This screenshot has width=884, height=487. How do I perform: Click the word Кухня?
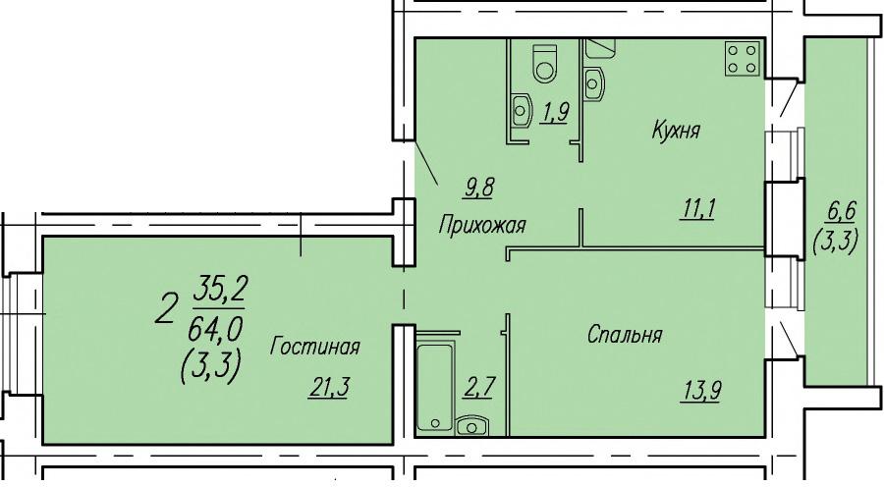coord(676,131)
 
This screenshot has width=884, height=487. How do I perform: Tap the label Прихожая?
coord(482,225)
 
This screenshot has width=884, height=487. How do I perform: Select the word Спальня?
coord(625,335)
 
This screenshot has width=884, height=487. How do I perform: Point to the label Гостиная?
coord(314,346)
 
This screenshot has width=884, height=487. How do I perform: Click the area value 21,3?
coord(329,388)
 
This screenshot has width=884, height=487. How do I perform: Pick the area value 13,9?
coord(701,391)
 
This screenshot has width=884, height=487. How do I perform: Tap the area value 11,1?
coord(699,209)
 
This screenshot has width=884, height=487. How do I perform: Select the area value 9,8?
coord(478,187)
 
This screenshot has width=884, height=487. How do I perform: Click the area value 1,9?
coord(554,113)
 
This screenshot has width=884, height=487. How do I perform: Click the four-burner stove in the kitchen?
coord(742,59)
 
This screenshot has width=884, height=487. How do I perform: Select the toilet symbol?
coord(544,63)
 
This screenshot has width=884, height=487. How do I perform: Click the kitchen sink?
coord(593,84)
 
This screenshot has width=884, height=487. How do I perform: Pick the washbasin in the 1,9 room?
coord(523,110)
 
